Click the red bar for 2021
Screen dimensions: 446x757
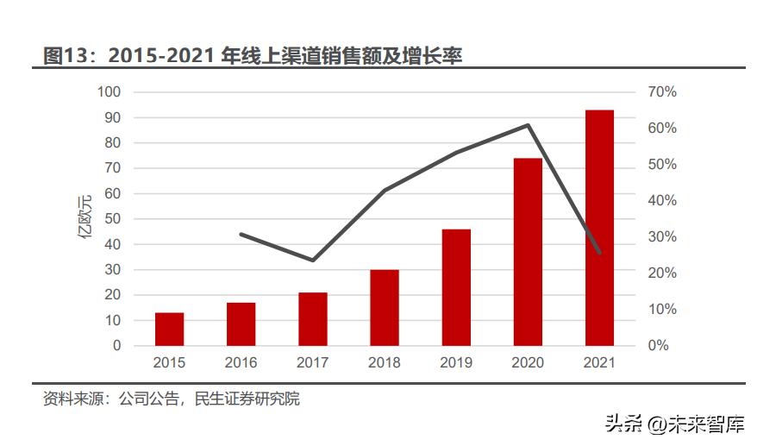599,228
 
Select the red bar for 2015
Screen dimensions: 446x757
169,329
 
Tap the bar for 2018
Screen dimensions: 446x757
385,307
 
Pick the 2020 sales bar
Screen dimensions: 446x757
528,252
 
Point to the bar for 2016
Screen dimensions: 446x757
241,324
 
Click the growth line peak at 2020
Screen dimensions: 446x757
528,125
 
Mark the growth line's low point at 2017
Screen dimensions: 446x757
312,260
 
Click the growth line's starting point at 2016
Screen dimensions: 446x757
241,234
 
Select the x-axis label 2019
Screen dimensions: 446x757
456,362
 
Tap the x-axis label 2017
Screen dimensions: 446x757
312,362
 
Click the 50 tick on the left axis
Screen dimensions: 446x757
113,219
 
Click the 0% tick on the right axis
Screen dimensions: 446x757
659,345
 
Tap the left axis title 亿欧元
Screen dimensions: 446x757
86,219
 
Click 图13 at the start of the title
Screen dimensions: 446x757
66,56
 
